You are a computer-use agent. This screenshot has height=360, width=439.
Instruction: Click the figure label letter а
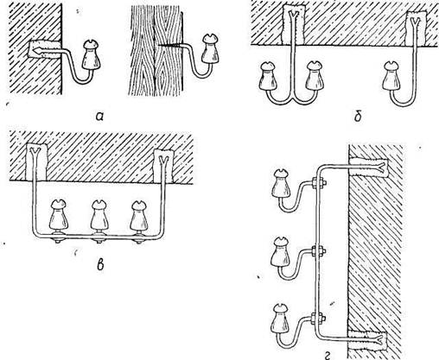(99, 116)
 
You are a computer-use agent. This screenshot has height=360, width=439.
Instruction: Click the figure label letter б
(358, 116)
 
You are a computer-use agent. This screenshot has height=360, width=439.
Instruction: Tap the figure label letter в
(100, 265)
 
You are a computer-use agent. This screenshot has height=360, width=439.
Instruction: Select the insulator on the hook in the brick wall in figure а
(92, 54)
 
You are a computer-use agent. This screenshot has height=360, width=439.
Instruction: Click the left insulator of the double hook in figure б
(269, 77)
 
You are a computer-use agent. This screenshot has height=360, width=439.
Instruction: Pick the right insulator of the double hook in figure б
(315, 75)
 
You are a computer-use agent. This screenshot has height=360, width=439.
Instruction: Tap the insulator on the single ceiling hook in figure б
(391, 77)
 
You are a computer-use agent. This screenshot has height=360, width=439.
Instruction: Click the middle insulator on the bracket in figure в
(99, 215)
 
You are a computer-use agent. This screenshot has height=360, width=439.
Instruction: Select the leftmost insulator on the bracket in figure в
(59, 215)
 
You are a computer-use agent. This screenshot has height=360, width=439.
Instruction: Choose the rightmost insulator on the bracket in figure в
(140, 215)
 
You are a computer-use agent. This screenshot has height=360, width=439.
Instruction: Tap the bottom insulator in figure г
(280, 319)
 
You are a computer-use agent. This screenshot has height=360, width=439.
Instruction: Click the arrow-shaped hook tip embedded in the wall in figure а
(37, 50)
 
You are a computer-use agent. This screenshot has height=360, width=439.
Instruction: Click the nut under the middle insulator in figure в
(99, 239)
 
